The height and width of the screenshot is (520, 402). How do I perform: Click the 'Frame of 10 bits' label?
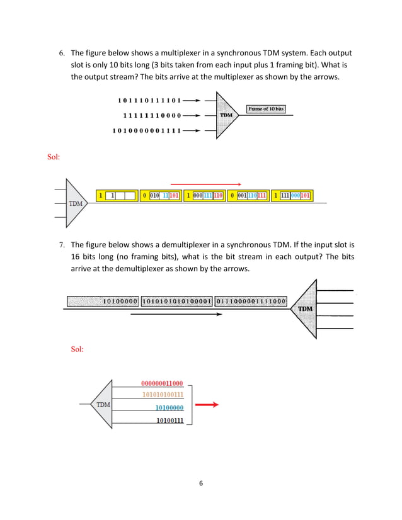click(x=266, y=109)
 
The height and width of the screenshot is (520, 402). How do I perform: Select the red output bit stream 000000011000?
click(x=162, y=383)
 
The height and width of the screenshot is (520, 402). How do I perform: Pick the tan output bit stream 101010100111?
click(x=162, y=395)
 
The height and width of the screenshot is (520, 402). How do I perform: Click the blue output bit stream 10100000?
click(x=169, y=408)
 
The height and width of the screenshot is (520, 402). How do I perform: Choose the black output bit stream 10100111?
click(x=169, y=421)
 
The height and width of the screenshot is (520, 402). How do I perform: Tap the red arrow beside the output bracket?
click(x=207, y=405)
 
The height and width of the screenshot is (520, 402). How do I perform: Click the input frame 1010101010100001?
click(x=177, y=301)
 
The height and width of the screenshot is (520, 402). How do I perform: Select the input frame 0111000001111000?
click(x=251, y=301)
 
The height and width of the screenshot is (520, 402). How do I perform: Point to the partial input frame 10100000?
click(x=120, y=301)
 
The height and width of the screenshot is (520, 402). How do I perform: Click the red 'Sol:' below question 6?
click(x=54, y=156)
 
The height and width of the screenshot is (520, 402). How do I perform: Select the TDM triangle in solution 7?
click(x=103, y=404)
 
